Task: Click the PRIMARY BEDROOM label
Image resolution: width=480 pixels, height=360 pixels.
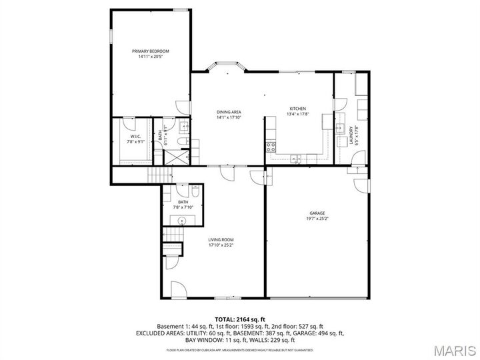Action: click(x=150, y=51)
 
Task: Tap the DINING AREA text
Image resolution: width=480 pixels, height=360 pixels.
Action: click(x=229, y=111)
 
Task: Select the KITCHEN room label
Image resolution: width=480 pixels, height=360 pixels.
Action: click(x=297, y=109)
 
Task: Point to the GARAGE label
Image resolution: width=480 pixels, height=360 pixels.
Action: click(x=317, y=213)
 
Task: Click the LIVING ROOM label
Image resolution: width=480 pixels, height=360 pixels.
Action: click(x=221, y=239)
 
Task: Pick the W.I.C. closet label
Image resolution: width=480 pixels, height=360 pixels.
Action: click(x=136, y=137)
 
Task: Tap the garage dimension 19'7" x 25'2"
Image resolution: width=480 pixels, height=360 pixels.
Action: click(x=317, y=219)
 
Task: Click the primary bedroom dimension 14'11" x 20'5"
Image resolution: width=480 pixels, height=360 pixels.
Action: click(x=150, y=57)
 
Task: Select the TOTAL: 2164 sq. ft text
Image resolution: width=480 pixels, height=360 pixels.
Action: click(x=240, y=319)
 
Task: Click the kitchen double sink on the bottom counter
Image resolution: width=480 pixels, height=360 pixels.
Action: click(x=295, y=158)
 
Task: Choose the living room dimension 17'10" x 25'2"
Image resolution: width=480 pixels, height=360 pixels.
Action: click(x=221, y=245)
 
